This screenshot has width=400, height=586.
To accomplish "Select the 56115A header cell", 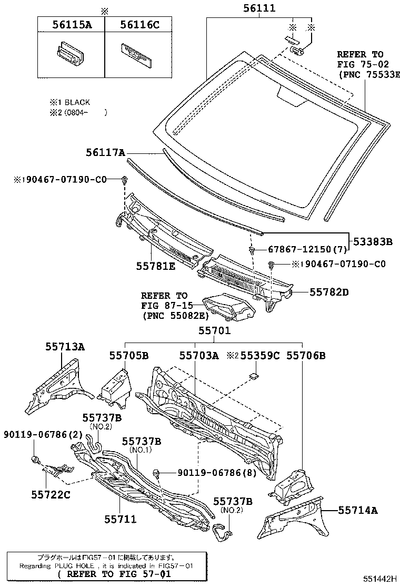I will (71, 24).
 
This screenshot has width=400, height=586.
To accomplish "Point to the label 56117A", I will (106, 153).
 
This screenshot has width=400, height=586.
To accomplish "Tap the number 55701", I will (214, 330).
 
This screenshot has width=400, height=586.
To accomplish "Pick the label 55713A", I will (65, 346).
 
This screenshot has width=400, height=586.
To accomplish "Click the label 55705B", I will (129, 356).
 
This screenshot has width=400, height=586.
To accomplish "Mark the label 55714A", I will (358, 510).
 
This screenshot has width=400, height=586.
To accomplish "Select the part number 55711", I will (119, 519).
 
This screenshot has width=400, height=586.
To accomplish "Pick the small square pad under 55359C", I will (254, 376).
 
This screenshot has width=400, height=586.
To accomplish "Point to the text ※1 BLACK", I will (69, 102).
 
